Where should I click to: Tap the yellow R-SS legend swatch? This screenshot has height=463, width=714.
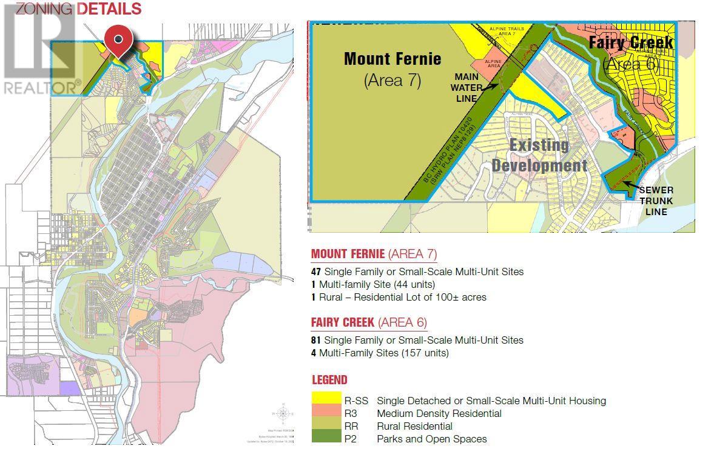pos(325,400)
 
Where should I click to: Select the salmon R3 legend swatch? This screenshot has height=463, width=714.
pos(325,413)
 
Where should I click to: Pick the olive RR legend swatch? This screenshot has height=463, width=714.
pos(325,426)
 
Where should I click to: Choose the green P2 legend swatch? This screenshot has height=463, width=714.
pos(325,438)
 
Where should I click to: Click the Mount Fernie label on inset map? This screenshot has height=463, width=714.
pos(392,59)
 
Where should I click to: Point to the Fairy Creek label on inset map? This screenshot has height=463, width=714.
pos(631,42)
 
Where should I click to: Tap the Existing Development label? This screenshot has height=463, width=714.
pos(539,155)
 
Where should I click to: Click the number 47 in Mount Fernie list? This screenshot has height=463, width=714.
pos(316,272)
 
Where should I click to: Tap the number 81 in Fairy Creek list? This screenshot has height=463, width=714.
pos(316,341)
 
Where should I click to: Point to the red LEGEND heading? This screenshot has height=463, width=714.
pos(329,380)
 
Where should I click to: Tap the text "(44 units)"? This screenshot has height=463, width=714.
pos(414,284)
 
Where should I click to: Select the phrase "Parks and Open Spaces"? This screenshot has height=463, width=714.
pos(431,439)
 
